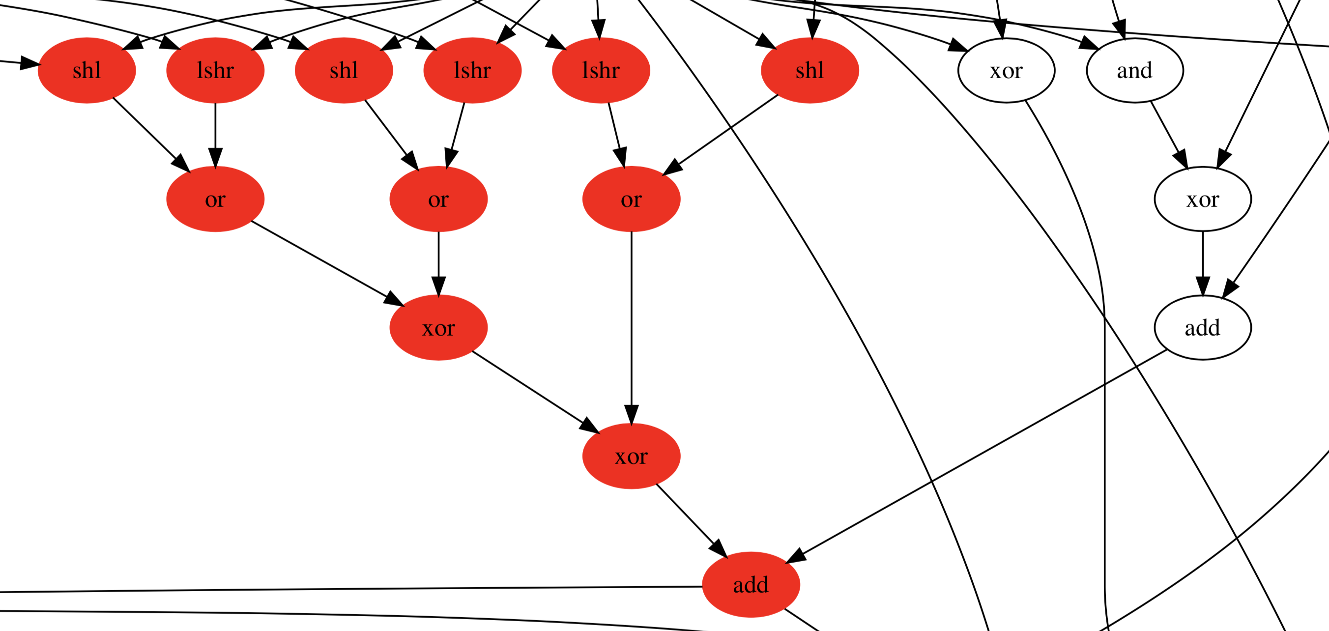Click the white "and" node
1134,70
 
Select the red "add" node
751,585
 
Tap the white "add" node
1202,328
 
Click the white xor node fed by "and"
1202,199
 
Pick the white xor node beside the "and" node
1006,70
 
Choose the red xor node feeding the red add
631,456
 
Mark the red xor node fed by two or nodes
438,328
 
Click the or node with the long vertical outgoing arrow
631,199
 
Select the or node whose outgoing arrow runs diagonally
215,199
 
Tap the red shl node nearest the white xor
809,70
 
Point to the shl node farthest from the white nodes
87,70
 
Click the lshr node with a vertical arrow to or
215,70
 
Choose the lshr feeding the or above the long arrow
601,70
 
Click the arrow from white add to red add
980,454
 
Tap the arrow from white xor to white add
1203,263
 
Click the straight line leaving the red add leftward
361,589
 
